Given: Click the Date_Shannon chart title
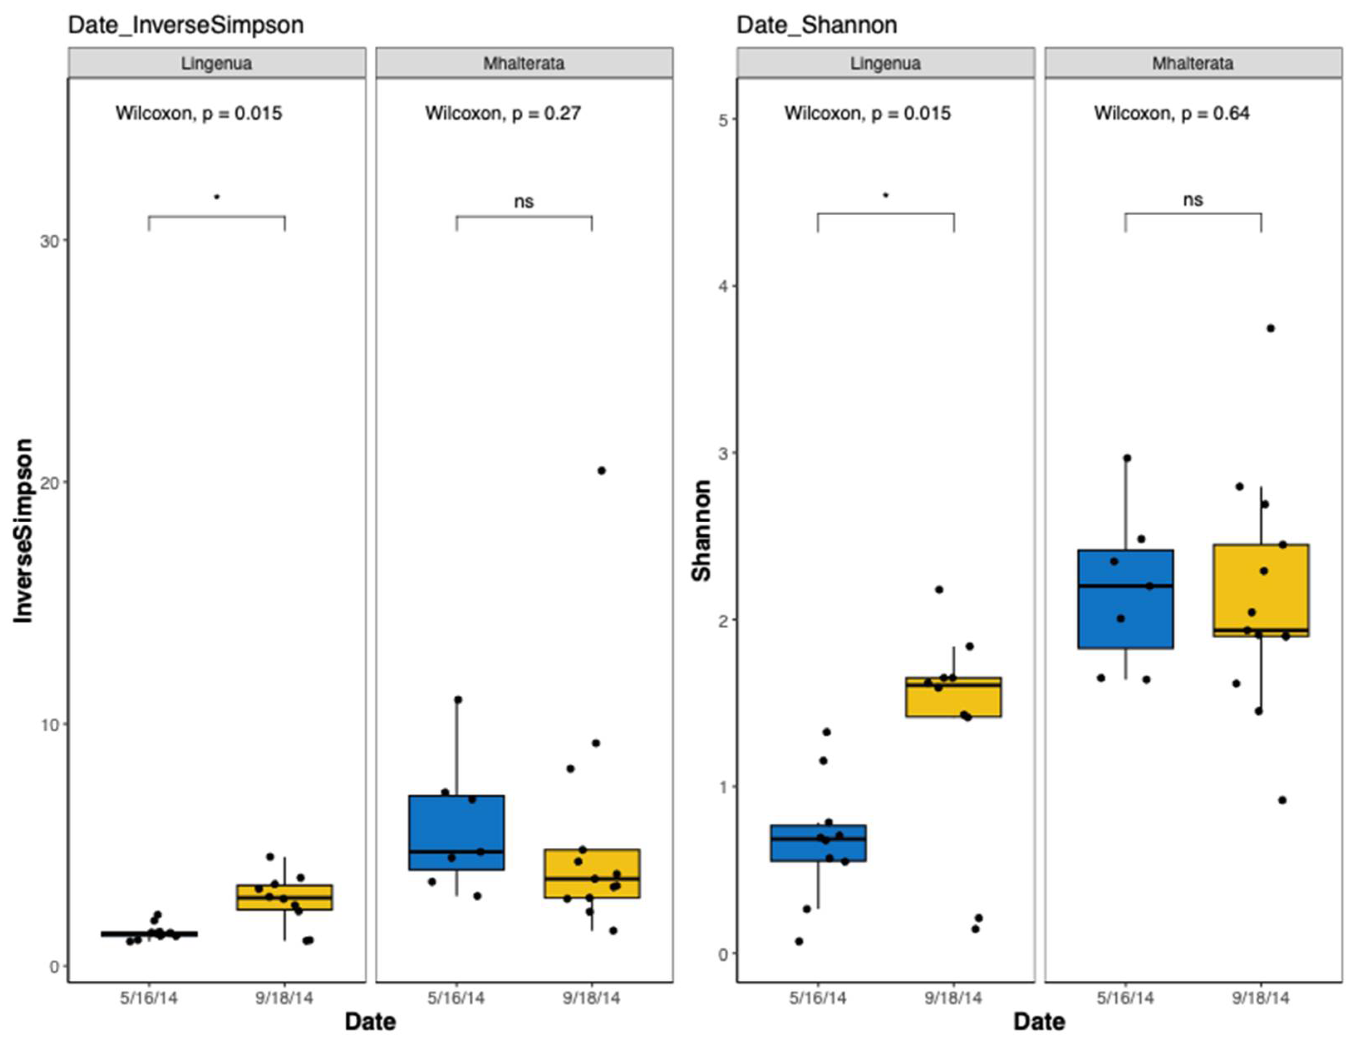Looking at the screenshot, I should [816, 25].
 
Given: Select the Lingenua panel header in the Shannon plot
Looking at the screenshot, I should [885, 63].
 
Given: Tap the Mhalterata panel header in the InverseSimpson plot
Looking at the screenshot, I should [524, 63].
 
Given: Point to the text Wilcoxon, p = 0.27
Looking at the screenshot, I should [503, 113].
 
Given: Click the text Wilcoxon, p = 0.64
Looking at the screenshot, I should [1171, 113].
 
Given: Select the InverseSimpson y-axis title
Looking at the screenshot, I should [24, 530].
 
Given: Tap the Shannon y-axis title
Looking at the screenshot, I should [701, 530].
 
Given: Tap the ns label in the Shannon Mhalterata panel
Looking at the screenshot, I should [1193, 200].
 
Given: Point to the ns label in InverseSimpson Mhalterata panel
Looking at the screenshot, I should [524, 202].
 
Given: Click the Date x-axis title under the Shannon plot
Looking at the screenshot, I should [1039, 1021].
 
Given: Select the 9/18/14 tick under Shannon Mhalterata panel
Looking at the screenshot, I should [1261, 998].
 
